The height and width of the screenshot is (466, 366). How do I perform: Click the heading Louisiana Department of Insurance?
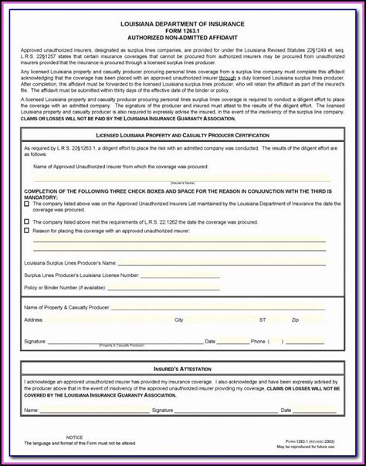click(182, 25)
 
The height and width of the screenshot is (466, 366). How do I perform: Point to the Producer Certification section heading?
click(182, 135)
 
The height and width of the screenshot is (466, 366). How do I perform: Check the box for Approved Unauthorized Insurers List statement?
click(27, 204)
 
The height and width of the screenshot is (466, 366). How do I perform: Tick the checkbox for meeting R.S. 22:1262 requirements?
click(27, 221)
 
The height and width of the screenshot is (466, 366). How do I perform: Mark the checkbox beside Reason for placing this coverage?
click(27, 230)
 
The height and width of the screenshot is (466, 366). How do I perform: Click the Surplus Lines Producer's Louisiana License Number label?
click(81, 275)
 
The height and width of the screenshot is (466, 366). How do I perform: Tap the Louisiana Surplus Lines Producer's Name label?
click(70, 263)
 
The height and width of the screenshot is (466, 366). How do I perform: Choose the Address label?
click(33, 319)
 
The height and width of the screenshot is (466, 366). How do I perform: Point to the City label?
click(178, 319)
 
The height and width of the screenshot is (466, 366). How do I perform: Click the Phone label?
click(258, 341)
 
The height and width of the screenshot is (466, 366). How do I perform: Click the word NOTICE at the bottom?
click(74, 437)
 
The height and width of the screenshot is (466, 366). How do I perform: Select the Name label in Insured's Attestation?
click(31, 410)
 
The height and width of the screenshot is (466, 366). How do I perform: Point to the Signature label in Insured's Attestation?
click(162, 410)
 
